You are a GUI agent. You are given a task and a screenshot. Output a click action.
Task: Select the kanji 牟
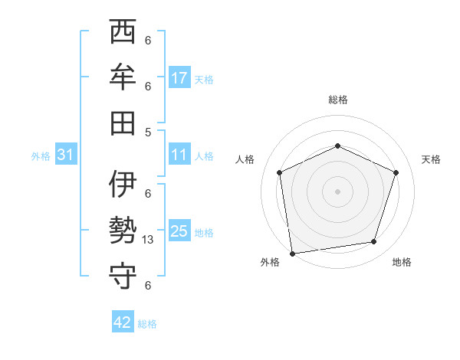click(123, 77)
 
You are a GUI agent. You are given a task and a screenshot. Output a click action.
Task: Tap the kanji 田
click(123, 123)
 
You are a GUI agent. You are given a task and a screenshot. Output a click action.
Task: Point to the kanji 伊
click(123, 185)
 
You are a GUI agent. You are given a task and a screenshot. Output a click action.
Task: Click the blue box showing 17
click(179, 78)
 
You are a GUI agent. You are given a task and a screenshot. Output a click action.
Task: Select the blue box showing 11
click(179, 155)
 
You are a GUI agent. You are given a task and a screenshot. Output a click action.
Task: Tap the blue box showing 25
click(179, 231)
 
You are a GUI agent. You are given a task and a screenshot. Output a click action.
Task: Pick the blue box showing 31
click(66, 155)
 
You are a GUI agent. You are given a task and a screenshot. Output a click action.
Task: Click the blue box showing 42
click(123, 322)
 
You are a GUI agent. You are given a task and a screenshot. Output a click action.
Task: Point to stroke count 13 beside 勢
click(149, 240)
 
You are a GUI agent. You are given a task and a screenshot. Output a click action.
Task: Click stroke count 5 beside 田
click(148, 132)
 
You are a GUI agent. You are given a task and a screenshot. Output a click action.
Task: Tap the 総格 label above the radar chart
click(337, 100)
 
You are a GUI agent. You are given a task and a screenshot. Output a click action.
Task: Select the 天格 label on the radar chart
click(431, 159)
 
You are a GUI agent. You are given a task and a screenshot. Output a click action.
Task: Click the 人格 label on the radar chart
click(245, 159)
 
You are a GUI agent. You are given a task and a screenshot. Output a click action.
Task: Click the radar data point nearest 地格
click(374, 242)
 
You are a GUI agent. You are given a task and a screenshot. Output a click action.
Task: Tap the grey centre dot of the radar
click(337, 191)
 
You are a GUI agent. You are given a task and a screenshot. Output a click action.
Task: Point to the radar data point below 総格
click(337, 146)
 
